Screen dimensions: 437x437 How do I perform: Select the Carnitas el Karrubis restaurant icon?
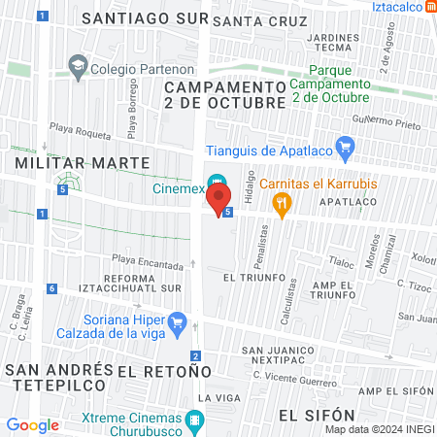tap(283, 202)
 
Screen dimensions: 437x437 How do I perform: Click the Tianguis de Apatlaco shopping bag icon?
tap(343, 148)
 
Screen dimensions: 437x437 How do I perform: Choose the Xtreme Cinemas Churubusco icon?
tap(195, 421)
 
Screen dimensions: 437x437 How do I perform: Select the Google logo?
tap(32, 424)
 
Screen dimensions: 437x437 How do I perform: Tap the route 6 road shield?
tap(50, 288)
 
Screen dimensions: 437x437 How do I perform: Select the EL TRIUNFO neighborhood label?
tap(255, 277)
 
